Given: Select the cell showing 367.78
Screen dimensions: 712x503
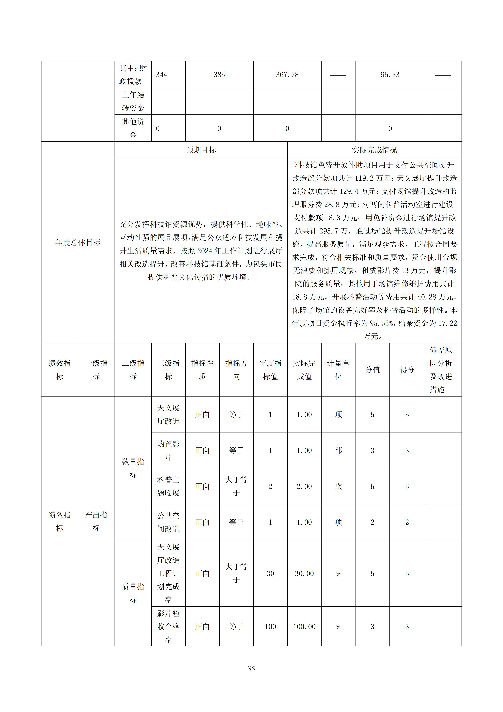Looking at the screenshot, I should point(287,75).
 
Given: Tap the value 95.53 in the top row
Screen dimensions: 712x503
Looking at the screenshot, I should point(390,75).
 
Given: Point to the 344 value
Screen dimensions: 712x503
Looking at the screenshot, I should point(162,75).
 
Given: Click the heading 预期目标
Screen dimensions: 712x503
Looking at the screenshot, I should point(201,150).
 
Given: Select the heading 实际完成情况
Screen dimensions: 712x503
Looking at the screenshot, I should point(374,150).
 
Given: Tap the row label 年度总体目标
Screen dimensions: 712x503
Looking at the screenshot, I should point(78,242).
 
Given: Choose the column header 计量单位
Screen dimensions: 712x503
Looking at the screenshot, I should point(338,370).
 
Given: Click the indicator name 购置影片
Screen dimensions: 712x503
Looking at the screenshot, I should point(168,450).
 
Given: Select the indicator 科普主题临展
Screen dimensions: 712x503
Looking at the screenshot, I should point(168,486).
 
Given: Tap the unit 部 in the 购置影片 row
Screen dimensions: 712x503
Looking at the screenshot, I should point(338,450).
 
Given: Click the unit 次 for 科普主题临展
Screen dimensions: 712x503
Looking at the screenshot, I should point(338,486).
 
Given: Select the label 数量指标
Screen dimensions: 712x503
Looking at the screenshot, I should point(133,468).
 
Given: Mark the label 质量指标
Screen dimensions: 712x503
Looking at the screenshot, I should point(133,593).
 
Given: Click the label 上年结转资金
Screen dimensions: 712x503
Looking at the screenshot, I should point(133,101).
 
